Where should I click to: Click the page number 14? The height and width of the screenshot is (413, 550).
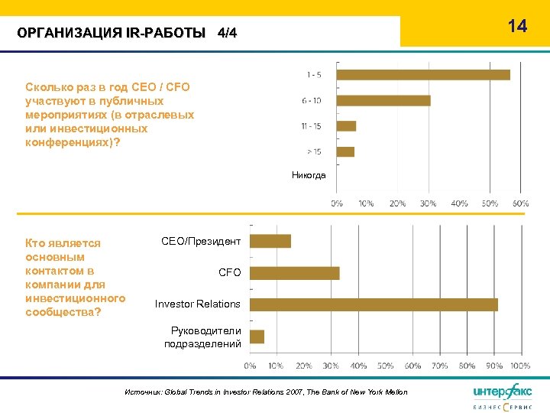(517, 27)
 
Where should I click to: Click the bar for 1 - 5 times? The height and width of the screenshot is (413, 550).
(423, 75)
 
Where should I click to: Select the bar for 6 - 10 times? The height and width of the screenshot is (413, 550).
(383, 100)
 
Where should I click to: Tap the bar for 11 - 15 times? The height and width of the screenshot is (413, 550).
(346, 125)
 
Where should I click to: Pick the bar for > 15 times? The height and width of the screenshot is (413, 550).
(345, 151)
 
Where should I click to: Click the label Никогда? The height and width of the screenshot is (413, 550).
(309, 175)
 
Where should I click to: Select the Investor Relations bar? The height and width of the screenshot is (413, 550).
(374, 304)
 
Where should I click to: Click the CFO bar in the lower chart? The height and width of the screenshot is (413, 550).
(295, 273)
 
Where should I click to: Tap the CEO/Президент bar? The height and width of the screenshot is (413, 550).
(271, 241)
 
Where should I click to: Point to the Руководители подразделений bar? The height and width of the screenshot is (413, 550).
(257, 337)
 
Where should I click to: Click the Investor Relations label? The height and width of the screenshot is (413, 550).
(198, 304)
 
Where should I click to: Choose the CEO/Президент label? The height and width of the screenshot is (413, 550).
(201, 241)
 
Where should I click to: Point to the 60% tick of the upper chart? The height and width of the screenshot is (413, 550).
(521, 203)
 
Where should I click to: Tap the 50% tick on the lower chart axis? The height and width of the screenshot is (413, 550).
(386, 366)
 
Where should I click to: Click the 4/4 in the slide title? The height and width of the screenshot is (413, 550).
(228, 33)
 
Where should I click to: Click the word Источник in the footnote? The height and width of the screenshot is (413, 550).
(141, 392)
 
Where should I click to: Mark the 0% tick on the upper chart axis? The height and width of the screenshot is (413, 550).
(336, 203)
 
